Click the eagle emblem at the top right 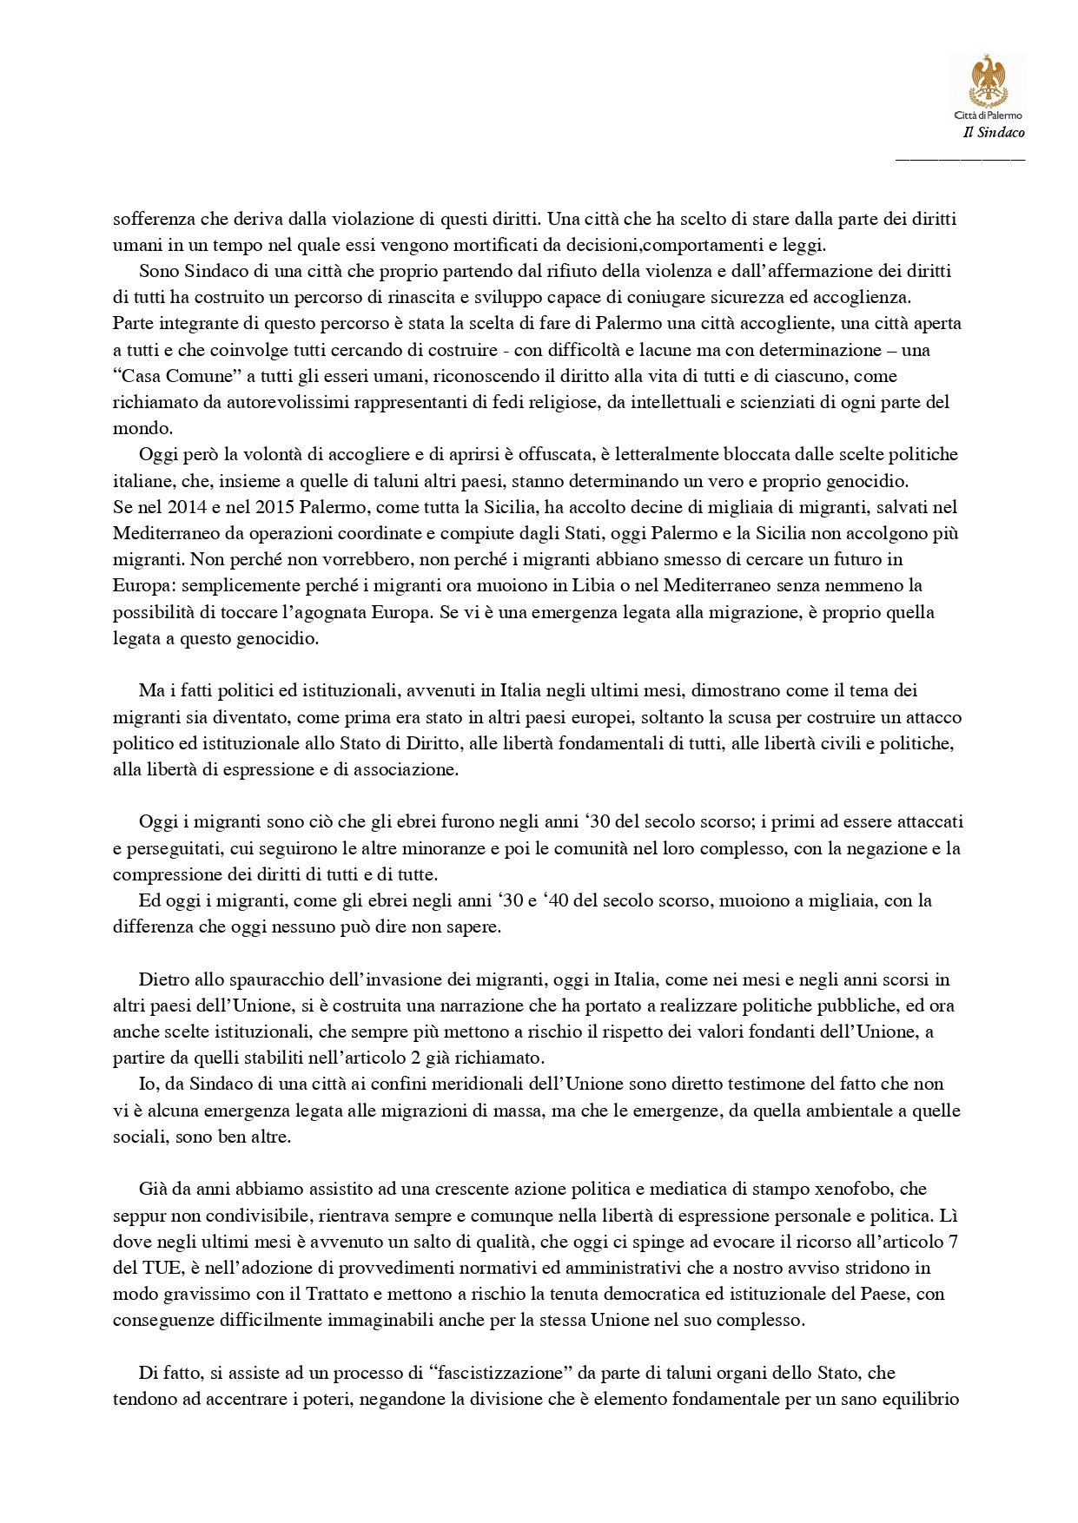[988, 81]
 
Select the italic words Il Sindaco [994, 133]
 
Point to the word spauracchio [259, 980]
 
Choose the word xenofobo [856, 1189]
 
